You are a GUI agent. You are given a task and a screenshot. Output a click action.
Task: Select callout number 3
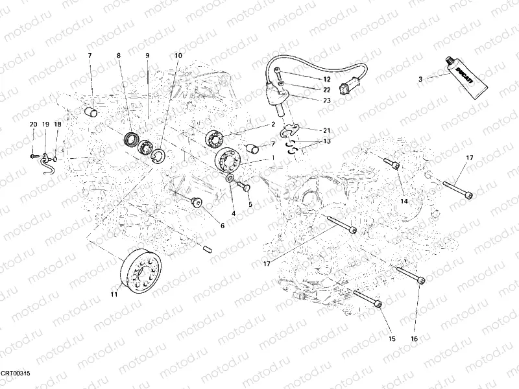click(420, 79)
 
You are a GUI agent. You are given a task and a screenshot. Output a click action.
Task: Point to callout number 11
click(114, 295)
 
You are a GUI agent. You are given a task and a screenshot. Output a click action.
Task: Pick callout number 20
click(33, 124)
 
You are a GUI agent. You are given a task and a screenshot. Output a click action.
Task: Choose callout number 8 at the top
click(119, 56)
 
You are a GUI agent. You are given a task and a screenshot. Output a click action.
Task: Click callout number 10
click(178, 56)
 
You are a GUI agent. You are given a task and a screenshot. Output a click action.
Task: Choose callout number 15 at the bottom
click(391, 338)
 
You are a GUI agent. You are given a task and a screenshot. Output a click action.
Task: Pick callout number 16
click(414, 338)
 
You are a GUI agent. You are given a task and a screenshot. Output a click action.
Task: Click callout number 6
click(222, 226)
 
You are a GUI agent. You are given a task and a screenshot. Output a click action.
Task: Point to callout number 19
click(45, 124)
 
